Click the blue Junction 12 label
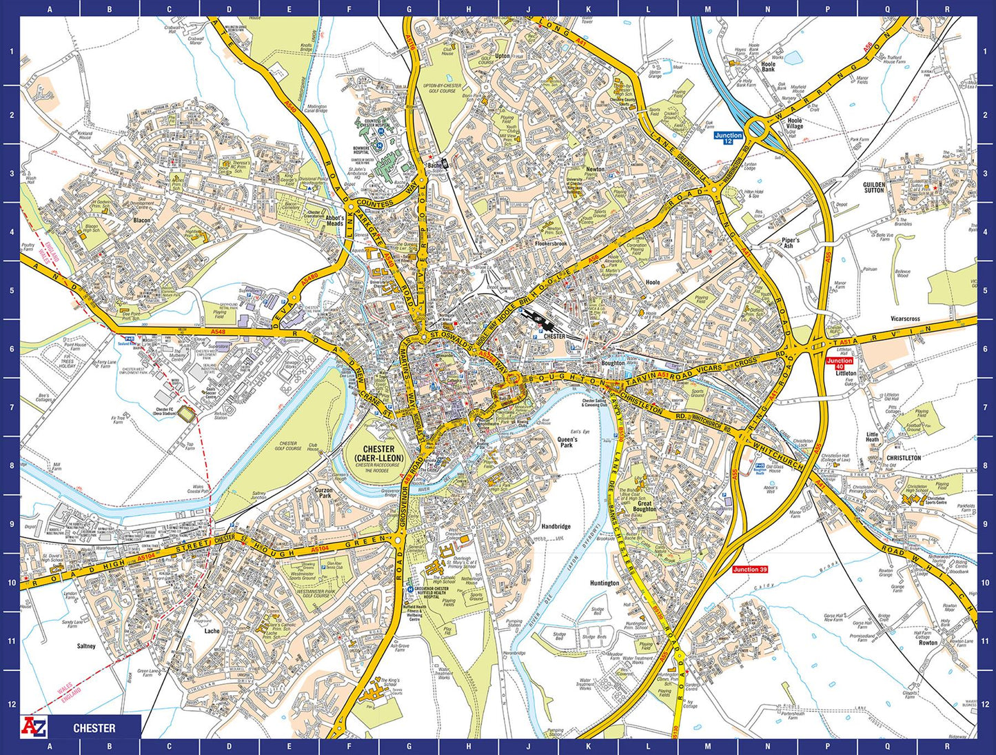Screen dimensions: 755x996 tap(728, 138)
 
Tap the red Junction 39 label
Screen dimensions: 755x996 tap(750, 570)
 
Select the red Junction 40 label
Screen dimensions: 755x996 tap(839, 363)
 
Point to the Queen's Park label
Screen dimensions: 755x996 tap(567, 443)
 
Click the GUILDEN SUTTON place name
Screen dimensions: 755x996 tap(874, 188)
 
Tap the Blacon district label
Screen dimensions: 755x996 tap(142, 221)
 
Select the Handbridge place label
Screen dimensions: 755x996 tap(556, 527)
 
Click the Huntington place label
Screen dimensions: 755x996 tap(604, 583)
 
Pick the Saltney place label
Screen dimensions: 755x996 tap(86, 646)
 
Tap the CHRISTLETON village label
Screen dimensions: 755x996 tap(904, 458)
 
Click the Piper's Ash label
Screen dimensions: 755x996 tap(791, 243)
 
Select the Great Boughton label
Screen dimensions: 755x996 tap(644, 507)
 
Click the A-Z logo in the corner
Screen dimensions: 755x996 tap(35, 727)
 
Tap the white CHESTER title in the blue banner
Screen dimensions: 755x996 tap(94, 728)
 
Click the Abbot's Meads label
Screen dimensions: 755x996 tap(334, 221)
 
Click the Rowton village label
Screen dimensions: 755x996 tap(928, 643)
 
